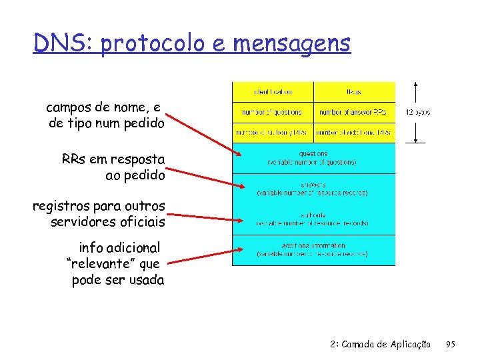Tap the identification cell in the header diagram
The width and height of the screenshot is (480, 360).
pos(273,91)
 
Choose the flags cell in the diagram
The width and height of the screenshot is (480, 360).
pos(354,91)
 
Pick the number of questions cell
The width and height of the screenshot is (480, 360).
pos(273,112)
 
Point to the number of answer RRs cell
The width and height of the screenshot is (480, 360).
pos(354,112)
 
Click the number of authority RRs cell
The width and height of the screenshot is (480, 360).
pos(273,133)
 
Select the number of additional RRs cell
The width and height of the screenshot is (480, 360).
pos(354,133)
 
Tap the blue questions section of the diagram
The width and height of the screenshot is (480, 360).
pos(313,158)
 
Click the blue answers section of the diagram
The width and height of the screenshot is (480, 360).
pos(313,189)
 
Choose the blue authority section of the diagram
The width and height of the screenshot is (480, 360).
pos(313,219)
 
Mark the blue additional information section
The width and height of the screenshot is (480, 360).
pos(313,250)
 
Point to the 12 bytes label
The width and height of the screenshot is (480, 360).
pos(418,113)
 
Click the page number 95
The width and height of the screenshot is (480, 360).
pos(451,345)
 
